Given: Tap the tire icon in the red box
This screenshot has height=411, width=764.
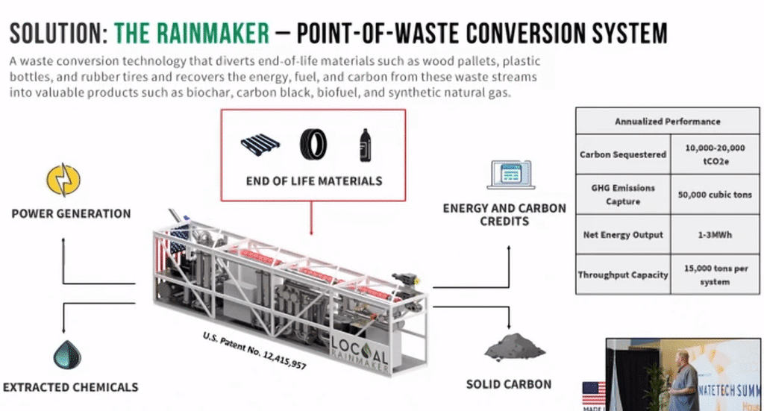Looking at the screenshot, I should (x=313, y=143).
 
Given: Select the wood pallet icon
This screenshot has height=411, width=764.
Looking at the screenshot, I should (x=263, y=143).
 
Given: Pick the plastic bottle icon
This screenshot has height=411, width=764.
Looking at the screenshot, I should (x=365, y=142).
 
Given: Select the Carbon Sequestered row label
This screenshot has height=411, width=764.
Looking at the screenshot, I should (x=623, y=154).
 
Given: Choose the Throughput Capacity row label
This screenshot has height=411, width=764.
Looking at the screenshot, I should (x=623, y=274).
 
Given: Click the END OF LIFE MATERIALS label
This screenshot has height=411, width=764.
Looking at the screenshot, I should (x=314, y=181).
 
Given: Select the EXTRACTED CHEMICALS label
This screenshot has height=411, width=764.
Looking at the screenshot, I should (x=71, y=387).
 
